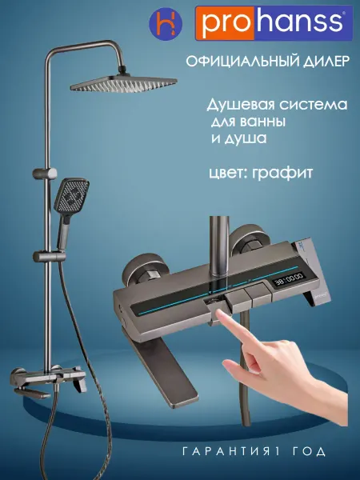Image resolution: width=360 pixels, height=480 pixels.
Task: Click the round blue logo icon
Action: point(166,23)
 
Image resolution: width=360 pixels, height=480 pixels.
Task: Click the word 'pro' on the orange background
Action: point(225,23)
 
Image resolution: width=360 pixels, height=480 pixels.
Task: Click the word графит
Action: point(282,173)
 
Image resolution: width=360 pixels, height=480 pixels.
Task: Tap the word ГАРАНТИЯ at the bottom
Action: point(227,451)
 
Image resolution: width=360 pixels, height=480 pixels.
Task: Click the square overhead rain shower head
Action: point(124,83)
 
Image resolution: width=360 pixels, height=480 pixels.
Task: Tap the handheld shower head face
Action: point(72,195)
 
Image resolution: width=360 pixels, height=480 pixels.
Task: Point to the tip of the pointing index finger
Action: point(218,311)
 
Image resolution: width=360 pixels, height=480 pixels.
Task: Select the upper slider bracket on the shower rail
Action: point(45,174)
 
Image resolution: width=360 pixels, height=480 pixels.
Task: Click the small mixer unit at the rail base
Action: point(49,382)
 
